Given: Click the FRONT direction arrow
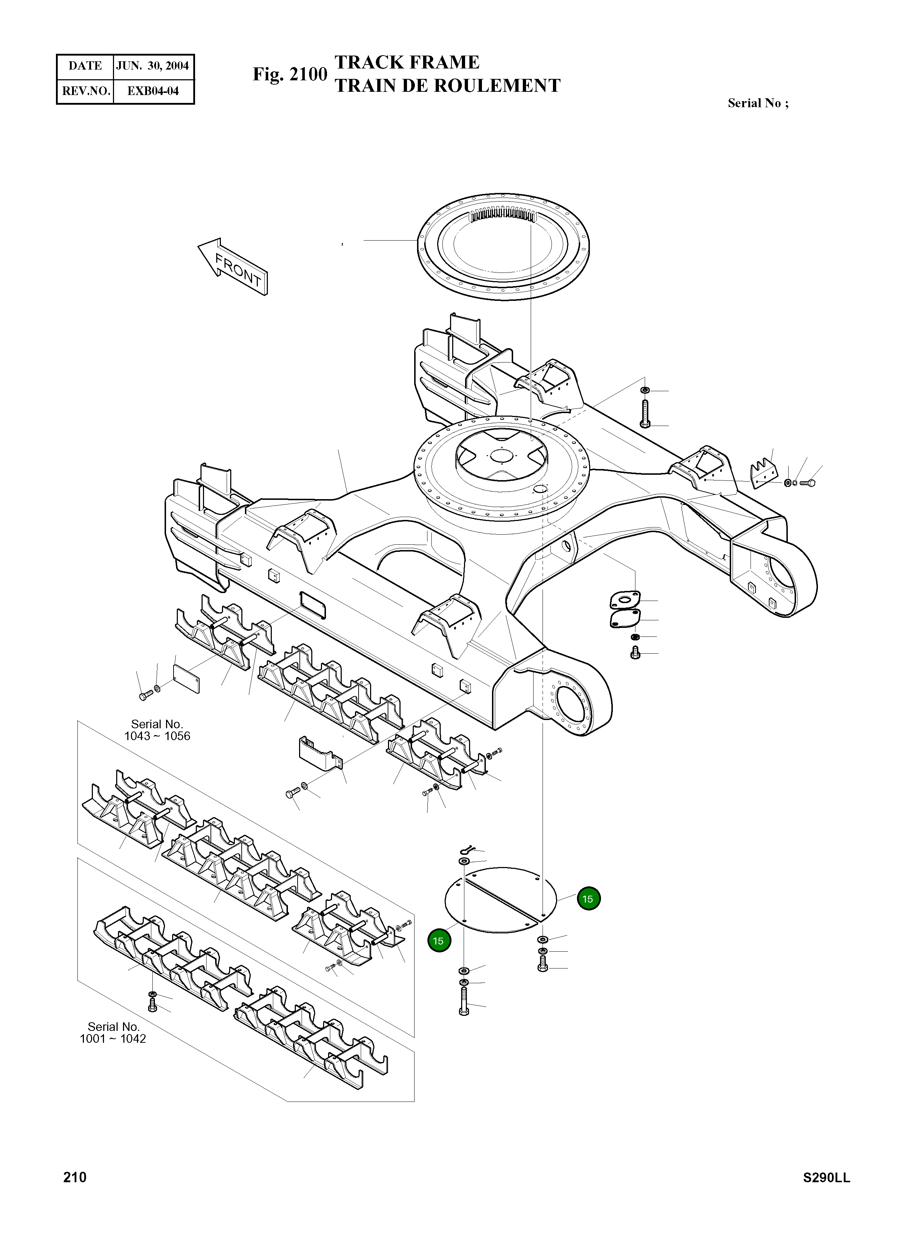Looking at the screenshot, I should point(233,267).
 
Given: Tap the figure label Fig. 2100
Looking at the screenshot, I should point(289,74).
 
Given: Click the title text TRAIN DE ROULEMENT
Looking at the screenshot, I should point(447,86).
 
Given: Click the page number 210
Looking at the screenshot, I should point(75,1177).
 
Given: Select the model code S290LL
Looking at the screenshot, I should point(826,1178).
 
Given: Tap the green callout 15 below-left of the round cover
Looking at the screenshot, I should point(438,941).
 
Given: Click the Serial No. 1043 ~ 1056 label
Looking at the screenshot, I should point(157,730).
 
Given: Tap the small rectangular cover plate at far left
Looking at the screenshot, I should point(186,678).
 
